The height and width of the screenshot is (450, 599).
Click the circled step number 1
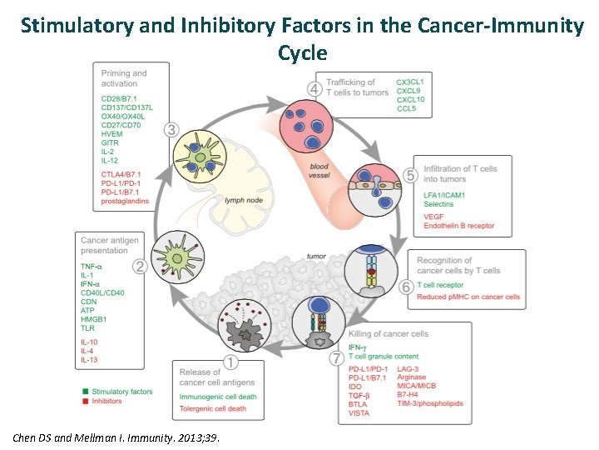[x=230, y=362]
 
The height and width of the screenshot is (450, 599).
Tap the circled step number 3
[x=171, y=129]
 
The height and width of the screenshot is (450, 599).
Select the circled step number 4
[x=314, y=88]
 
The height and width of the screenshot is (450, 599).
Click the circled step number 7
[x=336, y=358]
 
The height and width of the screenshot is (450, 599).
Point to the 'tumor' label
[x=316, y=257]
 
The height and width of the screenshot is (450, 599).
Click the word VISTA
[x=359, y=413]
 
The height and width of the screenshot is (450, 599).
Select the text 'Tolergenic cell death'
[x=212, y=408]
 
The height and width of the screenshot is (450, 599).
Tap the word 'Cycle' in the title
[x=303, y=52]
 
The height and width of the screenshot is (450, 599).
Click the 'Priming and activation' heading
[x=122, y=79]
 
